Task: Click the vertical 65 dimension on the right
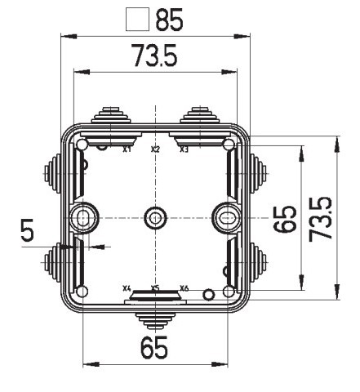click(285, 218)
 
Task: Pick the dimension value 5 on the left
click(29, 234)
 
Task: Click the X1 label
click(127, 150)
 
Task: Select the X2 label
click(155, 150)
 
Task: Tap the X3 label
click(184, 150)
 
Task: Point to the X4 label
click(127, 288)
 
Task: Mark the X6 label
click(184, 288)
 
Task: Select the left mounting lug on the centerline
click(83, 217)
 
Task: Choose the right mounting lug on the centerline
click(224, 217)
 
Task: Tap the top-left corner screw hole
click(83, 145)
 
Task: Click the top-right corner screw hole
click(228, 145)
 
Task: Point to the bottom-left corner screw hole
click(83, 292)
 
